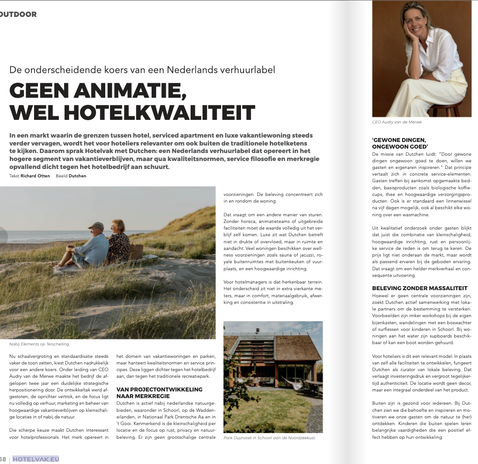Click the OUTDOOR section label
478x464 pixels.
pyautogui.click(x=19, y=14)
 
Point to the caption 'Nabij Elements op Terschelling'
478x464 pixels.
pyautogui.click(x=39, y=344)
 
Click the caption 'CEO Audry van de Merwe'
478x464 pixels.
pyautogui.click(x=397, y=122)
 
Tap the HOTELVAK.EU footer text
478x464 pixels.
pyautogui.click(x=36, y=459)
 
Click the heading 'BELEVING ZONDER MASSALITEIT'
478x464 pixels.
pyautogui.click(x=420, y=288)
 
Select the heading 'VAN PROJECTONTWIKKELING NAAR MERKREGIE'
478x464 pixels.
pyautogui.click(x=159, y=392)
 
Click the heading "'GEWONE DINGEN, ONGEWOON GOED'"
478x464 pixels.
pyautogui.click(x=400, y=142)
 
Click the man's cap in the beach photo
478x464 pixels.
pyautogui.click(x=96, y=226)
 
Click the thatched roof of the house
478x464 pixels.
pyautogui.click(x=297, y=348)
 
